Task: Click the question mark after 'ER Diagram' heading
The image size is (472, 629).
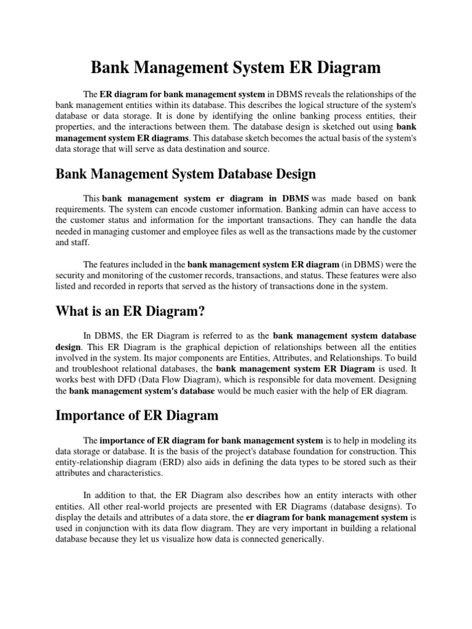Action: point(200,312)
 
